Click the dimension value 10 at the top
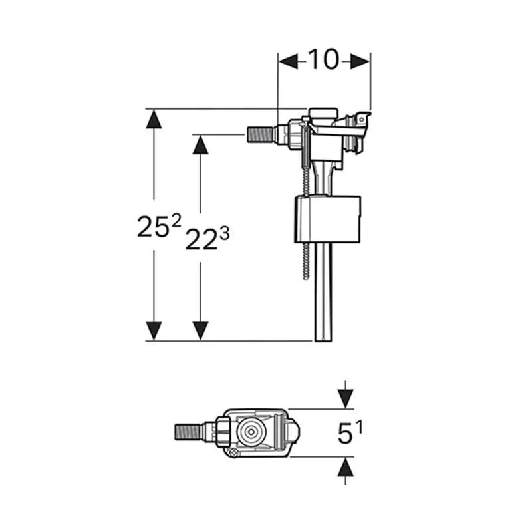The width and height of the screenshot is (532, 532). (324, 59)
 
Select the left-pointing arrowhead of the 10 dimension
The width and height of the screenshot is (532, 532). (288, 61)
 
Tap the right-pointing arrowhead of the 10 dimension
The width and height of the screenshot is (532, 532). (360, 61)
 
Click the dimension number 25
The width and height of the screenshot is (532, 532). (153, 227)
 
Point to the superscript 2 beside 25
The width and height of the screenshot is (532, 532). (176, 221)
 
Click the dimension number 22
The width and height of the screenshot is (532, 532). (201, 239)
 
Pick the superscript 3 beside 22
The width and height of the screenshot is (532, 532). (225, 233)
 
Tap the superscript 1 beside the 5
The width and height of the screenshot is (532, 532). (360, 427)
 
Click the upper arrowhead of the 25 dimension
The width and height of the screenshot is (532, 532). (154, 119)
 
